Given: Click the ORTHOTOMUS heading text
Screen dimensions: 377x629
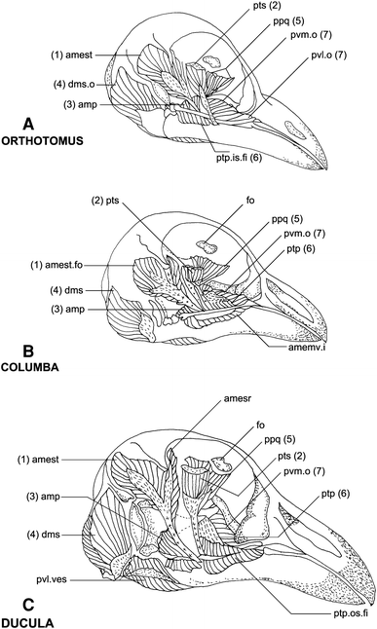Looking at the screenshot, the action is [x=42, y=141].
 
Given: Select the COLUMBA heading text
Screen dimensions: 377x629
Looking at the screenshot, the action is [x=30, y=367].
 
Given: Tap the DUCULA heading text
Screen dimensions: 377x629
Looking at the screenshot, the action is [x=27, y=623].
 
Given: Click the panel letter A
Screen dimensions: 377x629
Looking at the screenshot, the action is [x=28, y=125].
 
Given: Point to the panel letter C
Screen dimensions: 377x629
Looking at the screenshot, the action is [x=28, y=606].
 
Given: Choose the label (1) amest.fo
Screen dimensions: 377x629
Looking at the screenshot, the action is [x=57, y=265].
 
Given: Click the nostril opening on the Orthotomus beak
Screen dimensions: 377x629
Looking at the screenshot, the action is [x=293, y=129].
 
